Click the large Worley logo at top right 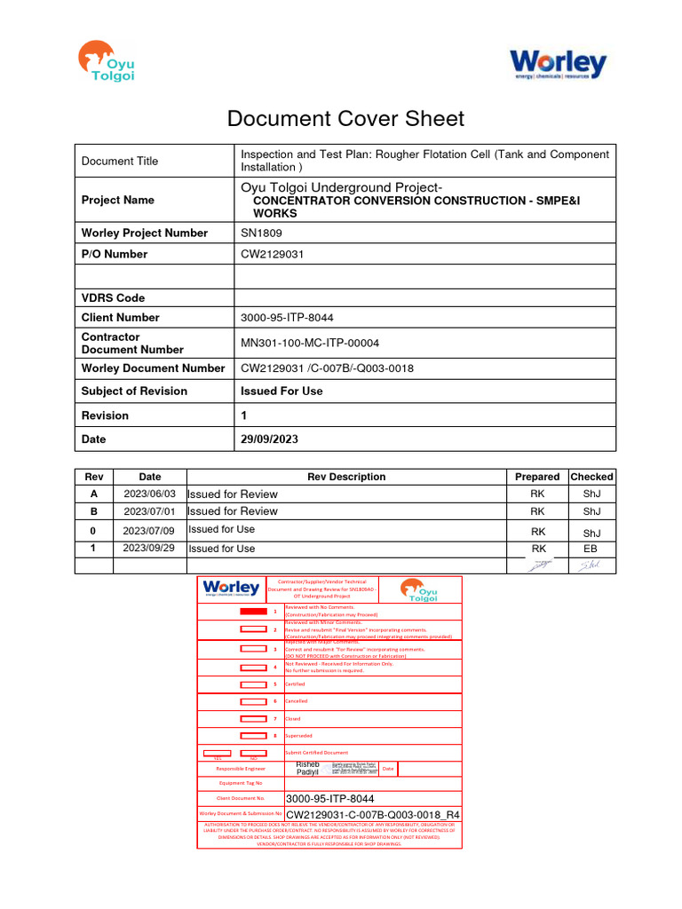(x=557, y=64)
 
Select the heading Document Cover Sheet (x=345, y=119)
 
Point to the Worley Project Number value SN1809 (x=261, y=233)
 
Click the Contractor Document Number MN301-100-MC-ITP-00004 (x=317, y=343)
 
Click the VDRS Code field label (x=113, y=297)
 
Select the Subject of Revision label (x=134, y=391)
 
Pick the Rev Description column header (x=346, y=477)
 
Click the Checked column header (x=591, y=477)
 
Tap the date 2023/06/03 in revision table (x=150, y=494)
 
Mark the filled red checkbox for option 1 (x=253, y=612)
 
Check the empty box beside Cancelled (x=253, y=700)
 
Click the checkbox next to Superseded (x=253, y=735)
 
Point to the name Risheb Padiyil (x=307, y=769)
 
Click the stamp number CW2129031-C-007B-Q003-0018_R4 (x=373, y=813)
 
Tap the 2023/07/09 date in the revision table (x=150, y=530)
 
